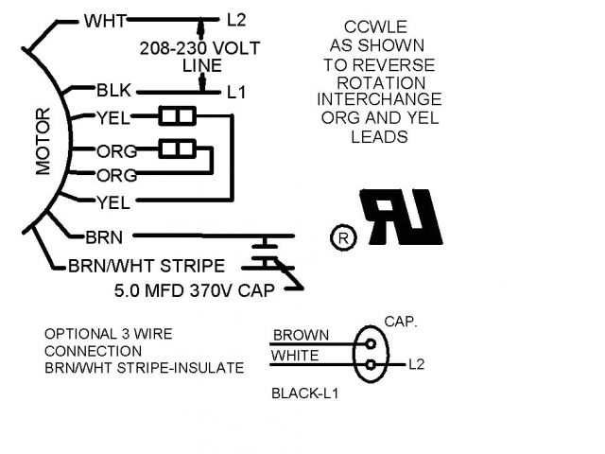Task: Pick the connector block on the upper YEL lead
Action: [176, 117]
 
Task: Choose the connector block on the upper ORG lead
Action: [176, 148]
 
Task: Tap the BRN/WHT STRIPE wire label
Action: [147, 266]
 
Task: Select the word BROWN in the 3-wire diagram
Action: [301, 335]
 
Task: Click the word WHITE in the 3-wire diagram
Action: [296, 356]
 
